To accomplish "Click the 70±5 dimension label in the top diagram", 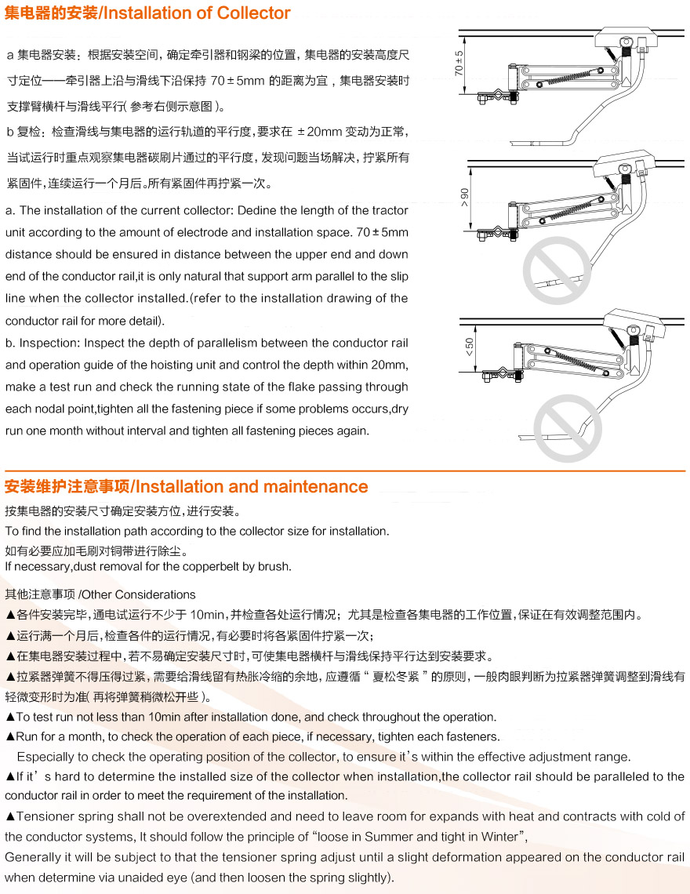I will click(459, 62).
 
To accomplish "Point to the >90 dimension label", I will click(464, 195).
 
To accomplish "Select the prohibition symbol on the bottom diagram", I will click(568, 428).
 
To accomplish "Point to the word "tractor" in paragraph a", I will click(390, 210).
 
